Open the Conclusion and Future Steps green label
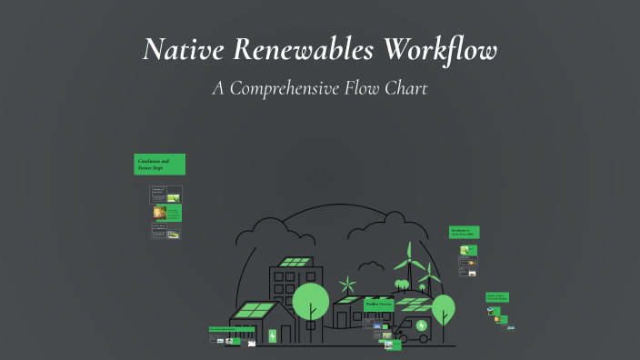160,165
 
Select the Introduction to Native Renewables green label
465,233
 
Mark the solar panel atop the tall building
294,262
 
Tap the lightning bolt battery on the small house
272,335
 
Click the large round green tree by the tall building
310,300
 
